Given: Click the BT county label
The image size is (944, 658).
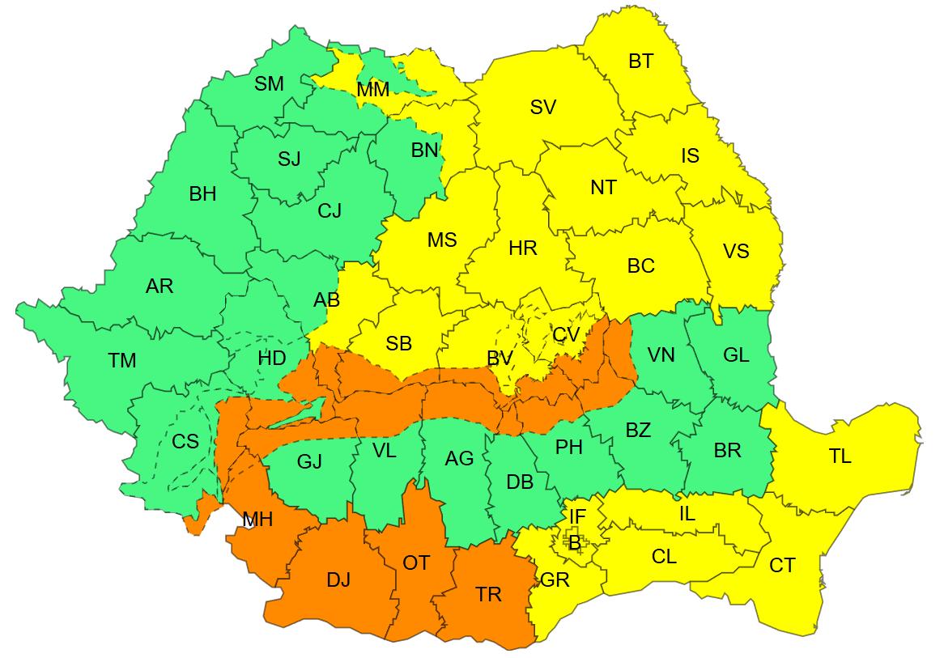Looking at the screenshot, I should pyautogui.click(x=640, y=62).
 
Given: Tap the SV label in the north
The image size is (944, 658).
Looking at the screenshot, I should pyautogui.click(x=542, y=107).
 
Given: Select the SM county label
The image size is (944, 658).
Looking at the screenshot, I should pyautogui.click(x=269, y=83).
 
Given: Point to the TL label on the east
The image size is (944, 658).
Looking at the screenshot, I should pyautogui.click(x=840, y=456).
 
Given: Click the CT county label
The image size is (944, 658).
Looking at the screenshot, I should pyautogui.click(x=782, y=566).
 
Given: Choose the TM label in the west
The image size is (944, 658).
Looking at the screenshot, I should pyautogui.click(x=122, y=361).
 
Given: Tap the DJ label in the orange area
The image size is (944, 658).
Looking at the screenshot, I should pyautogui.click(x=338, y=579).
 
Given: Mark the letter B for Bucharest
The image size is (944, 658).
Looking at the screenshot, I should pyautogui.click(x=574, y=543).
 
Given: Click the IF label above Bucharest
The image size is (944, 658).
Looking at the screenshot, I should pyautogui.click(x=577, y=516).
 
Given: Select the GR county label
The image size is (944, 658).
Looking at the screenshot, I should pyautogui.click(x=555, y=580).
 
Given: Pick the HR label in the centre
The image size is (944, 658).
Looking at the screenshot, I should pyautogui.click(x=523, y=248).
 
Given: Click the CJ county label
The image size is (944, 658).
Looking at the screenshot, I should pyautogui.click(x=330, y=211).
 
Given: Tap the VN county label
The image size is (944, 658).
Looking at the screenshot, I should pyautogui.click(x=661, y=354).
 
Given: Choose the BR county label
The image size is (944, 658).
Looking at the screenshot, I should pyautogui.click(x=727, y=450).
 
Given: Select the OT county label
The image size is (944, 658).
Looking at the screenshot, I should pyautogui.click(x=416, y=562).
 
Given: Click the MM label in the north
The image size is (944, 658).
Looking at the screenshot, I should pyautogui.click(x=372, y=90).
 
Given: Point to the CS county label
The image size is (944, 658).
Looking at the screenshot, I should pyautogui.click(x=185, y=442).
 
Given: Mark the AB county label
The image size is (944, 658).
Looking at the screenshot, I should pyautogui.click(x=326, y=300).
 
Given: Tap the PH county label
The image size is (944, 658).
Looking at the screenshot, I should pyautogui.click(x=569, y=447).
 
